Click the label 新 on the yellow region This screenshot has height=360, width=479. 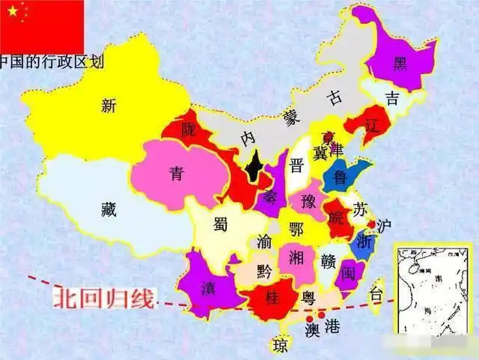point(109,106)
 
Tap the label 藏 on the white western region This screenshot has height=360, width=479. point(109,209)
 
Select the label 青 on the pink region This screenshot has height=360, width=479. point(176,174)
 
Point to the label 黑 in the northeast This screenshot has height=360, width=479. point(401,62)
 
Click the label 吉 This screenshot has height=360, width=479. point(392,97)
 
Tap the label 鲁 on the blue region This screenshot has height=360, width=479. point(341,177)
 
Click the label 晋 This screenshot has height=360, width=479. point(297,165)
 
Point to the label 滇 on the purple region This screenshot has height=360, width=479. point(208,287)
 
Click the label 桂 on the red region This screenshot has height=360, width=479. point(273,296)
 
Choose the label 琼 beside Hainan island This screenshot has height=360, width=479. point(280,346)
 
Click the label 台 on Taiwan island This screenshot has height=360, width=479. point(377,294)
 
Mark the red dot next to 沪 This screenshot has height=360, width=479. point(371,225)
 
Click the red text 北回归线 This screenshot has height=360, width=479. point(103,299)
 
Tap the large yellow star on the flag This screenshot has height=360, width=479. point(12,10)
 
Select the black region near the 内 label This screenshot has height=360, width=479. point(254,166)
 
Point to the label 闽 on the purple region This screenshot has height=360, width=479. point(348,274)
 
